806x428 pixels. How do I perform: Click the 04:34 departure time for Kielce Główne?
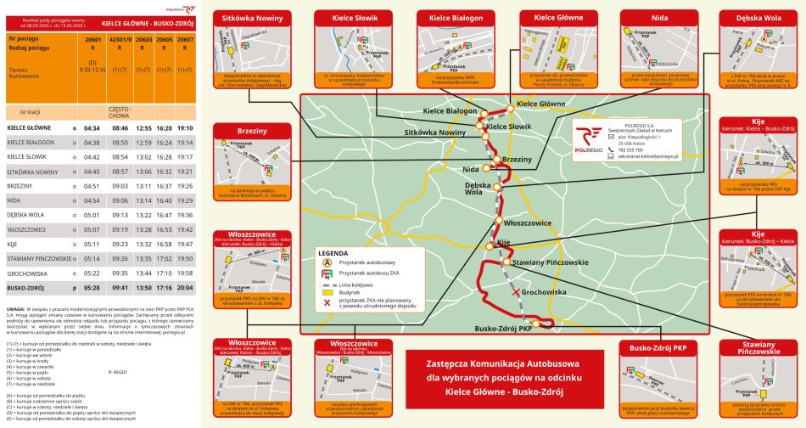tap(92, 127)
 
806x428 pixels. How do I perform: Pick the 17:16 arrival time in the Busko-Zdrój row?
tap(165, 288)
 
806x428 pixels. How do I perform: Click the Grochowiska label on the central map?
tap(544, 292)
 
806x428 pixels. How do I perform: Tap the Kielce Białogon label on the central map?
tap(450, 111)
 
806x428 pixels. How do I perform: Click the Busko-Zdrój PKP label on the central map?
tap(503, 329)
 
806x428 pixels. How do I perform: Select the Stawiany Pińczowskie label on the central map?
tap(551, 262)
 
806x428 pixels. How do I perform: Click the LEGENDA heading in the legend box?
tap(333, 253)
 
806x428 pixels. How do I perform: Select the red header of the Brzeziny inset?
tap(253, 131)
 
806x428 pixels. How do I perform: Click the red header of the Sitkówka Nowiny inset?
tap(253, 17)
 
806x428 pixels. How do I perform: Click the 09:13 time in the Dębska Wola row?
tap(120, 215)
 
